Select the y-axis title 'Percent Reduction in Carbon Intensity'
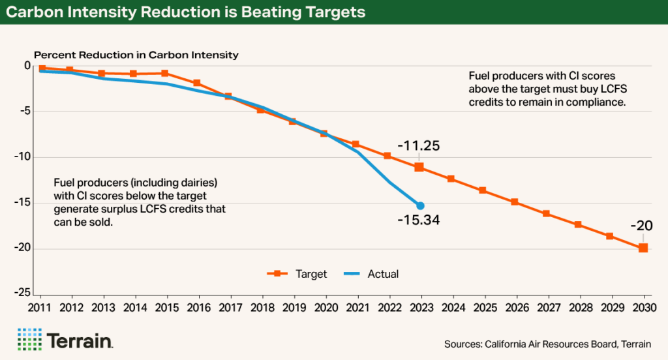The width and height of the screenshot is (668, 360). point(136,55)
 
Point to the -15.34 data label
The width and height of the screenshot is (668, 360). point(418,220)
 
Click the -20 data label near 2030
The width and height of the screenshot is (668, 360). point(641,226)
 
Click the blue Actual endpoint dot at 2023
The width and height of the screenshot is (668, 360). point(420,205)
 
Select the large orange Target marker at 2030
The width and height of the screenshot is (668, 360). point(643,247)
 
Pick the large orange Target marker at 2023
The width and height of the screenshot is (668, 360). point(419,168)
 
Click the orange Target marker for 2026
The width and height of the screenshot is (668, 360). point(514,202)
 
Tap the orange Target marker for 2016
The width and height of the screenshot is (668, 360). point(196,83)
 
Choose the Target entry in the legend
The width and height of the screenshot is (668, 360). point(297,274)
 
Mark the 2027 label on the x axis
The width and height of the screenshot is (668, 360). point(545,306)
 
